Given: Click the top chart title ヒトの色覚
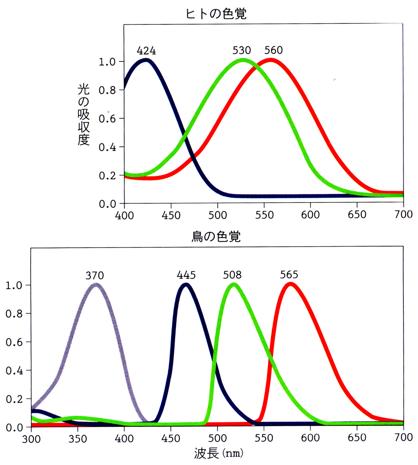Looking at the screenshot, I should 216,14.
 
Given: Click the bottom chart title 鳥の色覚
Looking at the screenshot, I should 216,238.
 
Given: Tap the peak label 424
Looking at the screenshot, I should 146,51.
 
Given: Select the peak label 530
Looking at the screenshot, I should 242,51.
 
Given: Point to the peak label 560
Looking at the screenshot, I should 273,51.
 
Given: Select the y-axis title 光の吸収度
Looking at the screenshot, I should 84,114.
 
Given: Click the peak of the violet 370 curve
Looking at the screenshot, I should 96,285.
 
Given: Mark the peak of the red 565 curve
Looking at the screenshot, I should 289,285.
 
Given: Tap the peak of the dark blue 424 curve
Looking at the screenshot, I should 146,61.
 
